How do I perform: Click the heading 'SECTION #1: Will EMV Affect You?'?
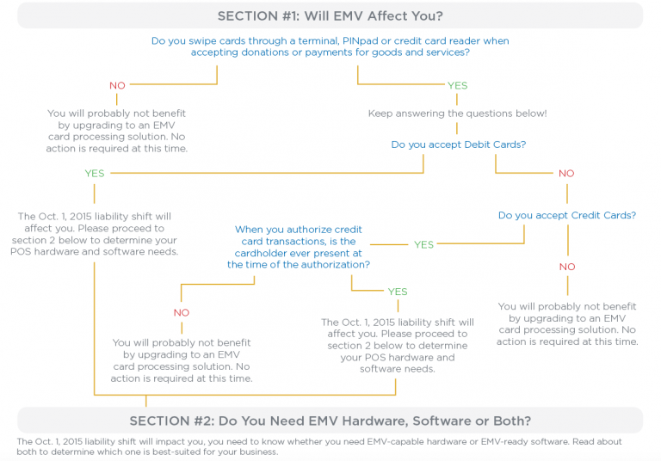coord(330,15)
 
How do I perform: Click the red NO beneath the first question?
coord(118,85)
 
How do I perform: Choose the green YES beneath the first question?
coord(457,85)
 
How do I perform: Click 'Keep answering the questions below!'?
coord(457,114)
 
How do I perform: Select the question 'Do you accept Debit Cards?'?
coord(458,144)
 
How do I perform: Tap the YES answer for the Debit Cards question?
coord(95,173)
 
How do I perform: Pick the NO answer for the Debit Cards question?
coord(565,173)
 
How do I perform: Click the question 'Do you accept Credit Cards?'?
coord(567,215)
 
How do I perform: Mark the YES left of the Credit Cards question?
coord(423,244)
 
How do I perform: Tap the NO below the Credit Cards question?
coord(567,267)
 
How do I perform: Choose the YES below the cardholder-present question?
coord(397,292)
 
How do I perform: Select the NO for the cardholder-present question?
coord(182,312)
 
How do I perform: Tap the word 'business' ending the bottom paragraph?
coord(255,452)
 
